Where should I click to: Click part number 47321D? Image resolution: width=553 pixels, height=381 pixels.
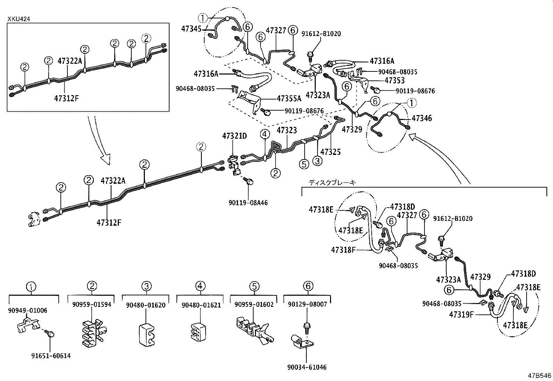click(234, 136)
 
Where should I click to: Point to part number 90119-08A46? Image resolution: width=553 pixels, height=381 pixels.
click(248, 203)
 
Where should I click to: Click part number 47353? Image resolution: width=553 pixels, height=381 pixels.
click(395, 80)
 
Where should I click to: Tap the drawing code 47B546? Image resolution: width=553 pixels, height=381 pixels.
click(539, 376)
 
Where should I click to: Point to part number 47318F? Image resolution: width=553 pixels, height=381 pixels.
click(343, 250)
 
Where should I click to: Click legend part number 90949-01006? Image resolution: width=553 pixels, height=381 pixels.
click(28, 311)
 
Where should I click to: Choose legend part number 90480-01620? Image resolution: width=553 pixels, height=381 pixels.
click(146, 305)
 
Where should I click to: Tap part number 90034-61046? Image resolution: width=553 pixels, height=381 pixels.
click(307, 367)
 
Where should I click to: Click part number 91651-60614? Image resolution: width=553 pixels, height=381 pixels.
click(51, 356)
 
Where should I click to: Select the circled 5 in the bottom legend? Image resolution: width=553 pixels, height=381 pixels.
click(254, 286)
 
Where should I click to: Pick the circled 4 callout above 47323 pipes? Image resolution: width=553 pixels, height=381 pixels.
click(265, 134)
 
